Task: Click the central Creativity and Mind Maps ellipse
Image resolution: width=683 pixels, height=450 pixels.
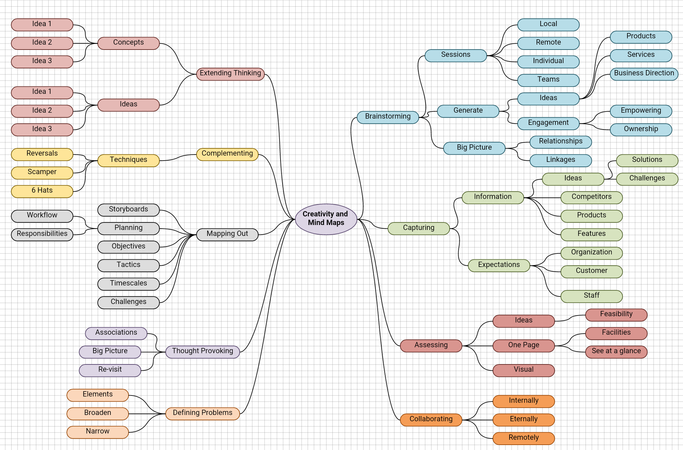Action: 326,219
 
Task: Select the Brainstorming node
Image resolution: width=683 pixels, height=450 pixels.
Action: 388,117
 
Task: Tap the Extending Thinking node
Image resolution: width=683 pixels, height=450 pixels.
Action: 230,74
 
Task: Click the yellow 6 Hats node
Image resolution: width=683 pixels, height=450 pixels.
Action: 42,191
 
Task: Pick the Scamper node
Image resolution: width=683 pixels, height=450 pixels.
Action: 42,173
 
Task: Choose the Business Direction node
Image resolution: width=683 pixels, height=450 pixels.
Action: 644,74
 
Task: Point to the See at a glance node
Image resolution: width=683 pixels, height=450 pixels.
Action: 616,352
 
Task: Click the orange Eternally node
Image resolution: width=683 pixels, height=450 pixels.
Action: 523,420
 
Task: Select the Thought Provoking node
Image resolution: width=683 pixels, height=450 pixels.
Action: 202,352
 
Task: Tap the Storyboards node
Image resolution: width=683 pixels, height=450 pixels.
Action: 128,210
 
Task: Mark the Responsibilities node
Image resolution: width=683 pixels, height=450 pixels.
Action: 42,235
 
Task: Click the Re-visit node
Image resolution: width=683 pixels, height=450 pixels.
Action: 110,370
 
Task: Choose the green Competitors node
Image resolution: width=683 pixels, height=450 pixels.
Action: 591,198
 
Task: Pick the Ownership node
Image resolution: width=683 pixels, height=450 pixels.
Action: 641,130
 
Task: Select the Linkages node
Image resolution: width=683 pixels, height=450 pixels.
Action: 560,161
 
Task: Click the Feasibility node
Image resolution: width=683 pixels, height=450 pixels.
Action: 616,315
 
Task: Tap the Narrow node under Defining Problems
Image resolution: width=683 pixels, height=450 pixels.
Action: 97,432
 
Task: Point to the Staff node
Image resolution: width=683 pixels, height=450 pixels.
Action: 591,296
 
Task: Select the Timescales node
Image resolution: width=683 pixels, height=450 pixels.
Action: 128,284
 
